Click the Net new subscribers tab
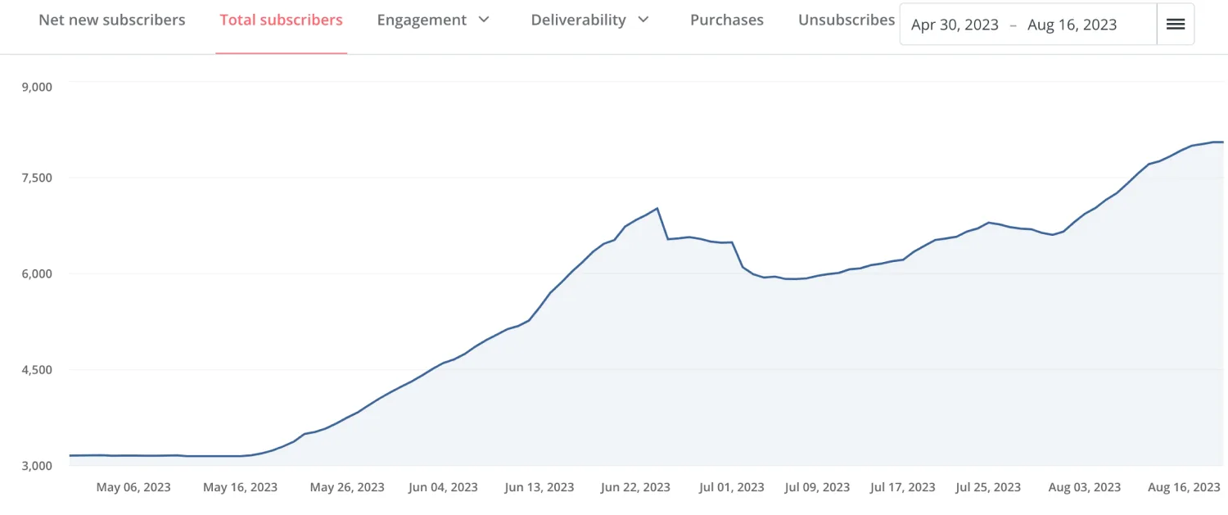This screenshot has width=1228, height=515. [x=112, y=20]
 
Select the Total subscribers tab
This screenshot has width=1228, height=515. [x=281, y=20]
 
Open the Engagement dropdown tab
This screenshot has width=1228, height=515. [x=422, y=20]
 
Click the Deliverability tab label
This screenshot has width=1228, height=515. [x=578, y=20]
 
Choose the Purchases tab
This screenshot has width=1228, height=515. [x=727, y=20]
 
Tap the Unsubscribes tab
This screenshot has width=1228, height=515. [x=847, y=20]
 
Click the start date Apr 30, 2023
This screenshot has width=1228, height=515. [x=955, y=25]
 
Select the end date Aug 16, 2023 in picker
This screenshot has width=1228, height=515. [x=1072, y=25]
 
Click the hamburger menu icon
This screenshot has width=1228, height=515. [x=1176, y=25]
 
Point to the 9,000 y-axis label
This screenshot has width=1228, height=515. [x=35, y=88]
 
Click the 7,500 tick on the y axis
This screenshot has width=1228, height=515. [x=35, y=178]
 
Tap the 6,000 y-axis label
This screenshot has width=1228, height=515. [x=35, y=273]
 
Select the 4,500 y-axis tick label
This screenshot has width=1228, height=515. [x=35, y=369]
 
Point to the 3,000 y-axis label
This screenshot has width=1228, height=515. [x=35, y=466]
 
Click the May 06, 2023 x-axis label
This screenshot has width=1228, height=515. [x=133, y=487]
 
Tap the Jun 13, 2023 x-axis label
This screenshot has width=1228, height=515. [x=540, y=487]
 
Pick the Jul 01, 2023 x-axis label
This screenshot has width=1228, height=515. [x=731, y=487]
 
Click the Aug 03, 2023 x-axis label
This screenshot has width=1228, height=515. [x=1085, y=487]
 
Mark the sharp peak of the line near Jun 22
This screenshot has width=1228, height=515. [x=657, y=208]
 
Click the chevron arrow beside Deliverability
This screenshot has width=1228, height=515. [x=643, y=20]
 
